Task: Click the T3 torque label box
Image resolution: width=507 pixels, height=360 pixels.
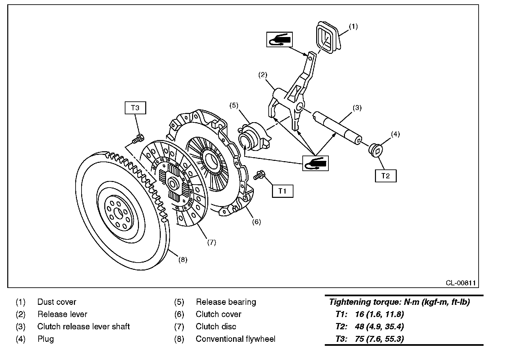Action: coord(135,108)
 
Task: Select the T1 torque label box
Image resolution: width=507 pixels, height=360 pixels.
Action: coord(283,191)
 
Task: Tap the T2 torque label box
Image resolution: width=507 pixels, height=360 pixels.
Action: coord(386,176)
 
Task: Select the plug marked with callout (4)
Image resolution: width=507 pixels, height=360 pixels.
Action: coord(375,150)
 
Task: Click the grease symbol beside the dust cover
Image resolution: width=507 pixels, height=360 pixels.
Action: coord(279,39)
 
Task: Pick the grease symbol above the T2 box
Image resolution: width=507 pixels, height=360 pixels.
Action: coord(316,163)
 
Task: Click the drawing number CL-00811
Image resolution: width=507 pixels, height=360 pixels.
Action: coord(460,283)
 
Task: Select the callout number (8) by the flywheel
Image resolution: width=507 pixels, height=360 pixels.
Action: coord(183,260)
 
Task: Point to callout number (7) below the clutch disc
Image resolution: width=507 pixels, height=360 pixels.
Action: coord(212,242)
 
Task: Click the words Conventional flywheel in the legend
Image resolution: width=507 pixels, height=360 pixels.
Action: coord(235,339)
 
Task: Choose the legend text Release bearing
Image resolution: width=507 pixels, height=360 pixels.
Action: coord(226,302)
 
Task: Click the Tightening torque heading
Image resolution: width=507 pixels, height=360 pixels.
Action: coord(399,302)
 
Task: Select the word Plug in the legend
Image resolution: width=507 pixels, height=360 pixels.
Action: coord(46,339)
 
